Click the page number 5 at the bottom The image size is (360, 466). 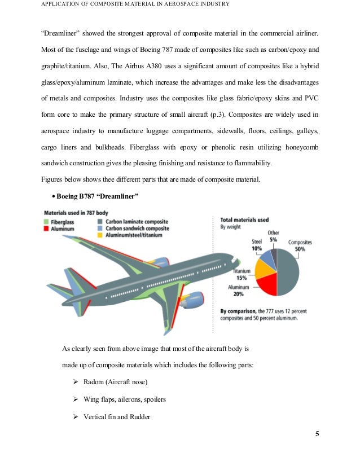[x=317, y=434]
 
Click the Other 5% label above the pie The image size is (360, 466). [x=273, y=236]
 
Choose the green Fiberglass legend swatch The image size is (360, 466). [x=47, y=222]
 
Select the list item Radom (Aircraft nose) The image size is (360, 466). [x=115, y=382]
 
